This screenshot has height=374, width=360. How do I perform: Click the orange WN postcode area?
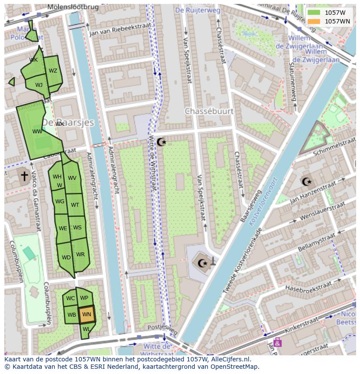[x=87, y=314]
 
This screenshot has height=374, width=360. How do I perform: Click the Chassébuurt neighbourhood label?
[x=209, y=111]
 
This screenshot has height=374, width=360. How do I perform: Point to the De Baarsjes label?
[x=69, y=122]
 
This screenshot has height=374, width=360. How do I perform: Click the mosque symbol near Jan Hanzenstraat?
[x=307, y=182]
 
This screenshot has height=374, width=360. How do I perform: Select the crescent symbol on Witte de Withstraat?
[x=161, y=142]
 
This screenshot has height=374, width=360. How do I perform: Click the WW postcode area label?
[x=37, y=131]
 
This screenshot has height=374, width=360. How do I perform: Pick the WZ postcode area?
[x=53, y=71]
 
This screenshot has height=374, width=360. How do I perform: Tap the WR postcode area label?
[x=80, y=255]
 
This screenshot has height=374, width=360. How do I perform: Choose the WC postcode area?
[x=70, y=298]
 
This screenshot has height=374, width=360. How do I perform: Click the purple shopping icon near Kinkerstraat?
[x=278, y=342]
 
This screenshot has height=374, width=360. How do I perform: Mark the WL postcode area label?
[x=86, y=329]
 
